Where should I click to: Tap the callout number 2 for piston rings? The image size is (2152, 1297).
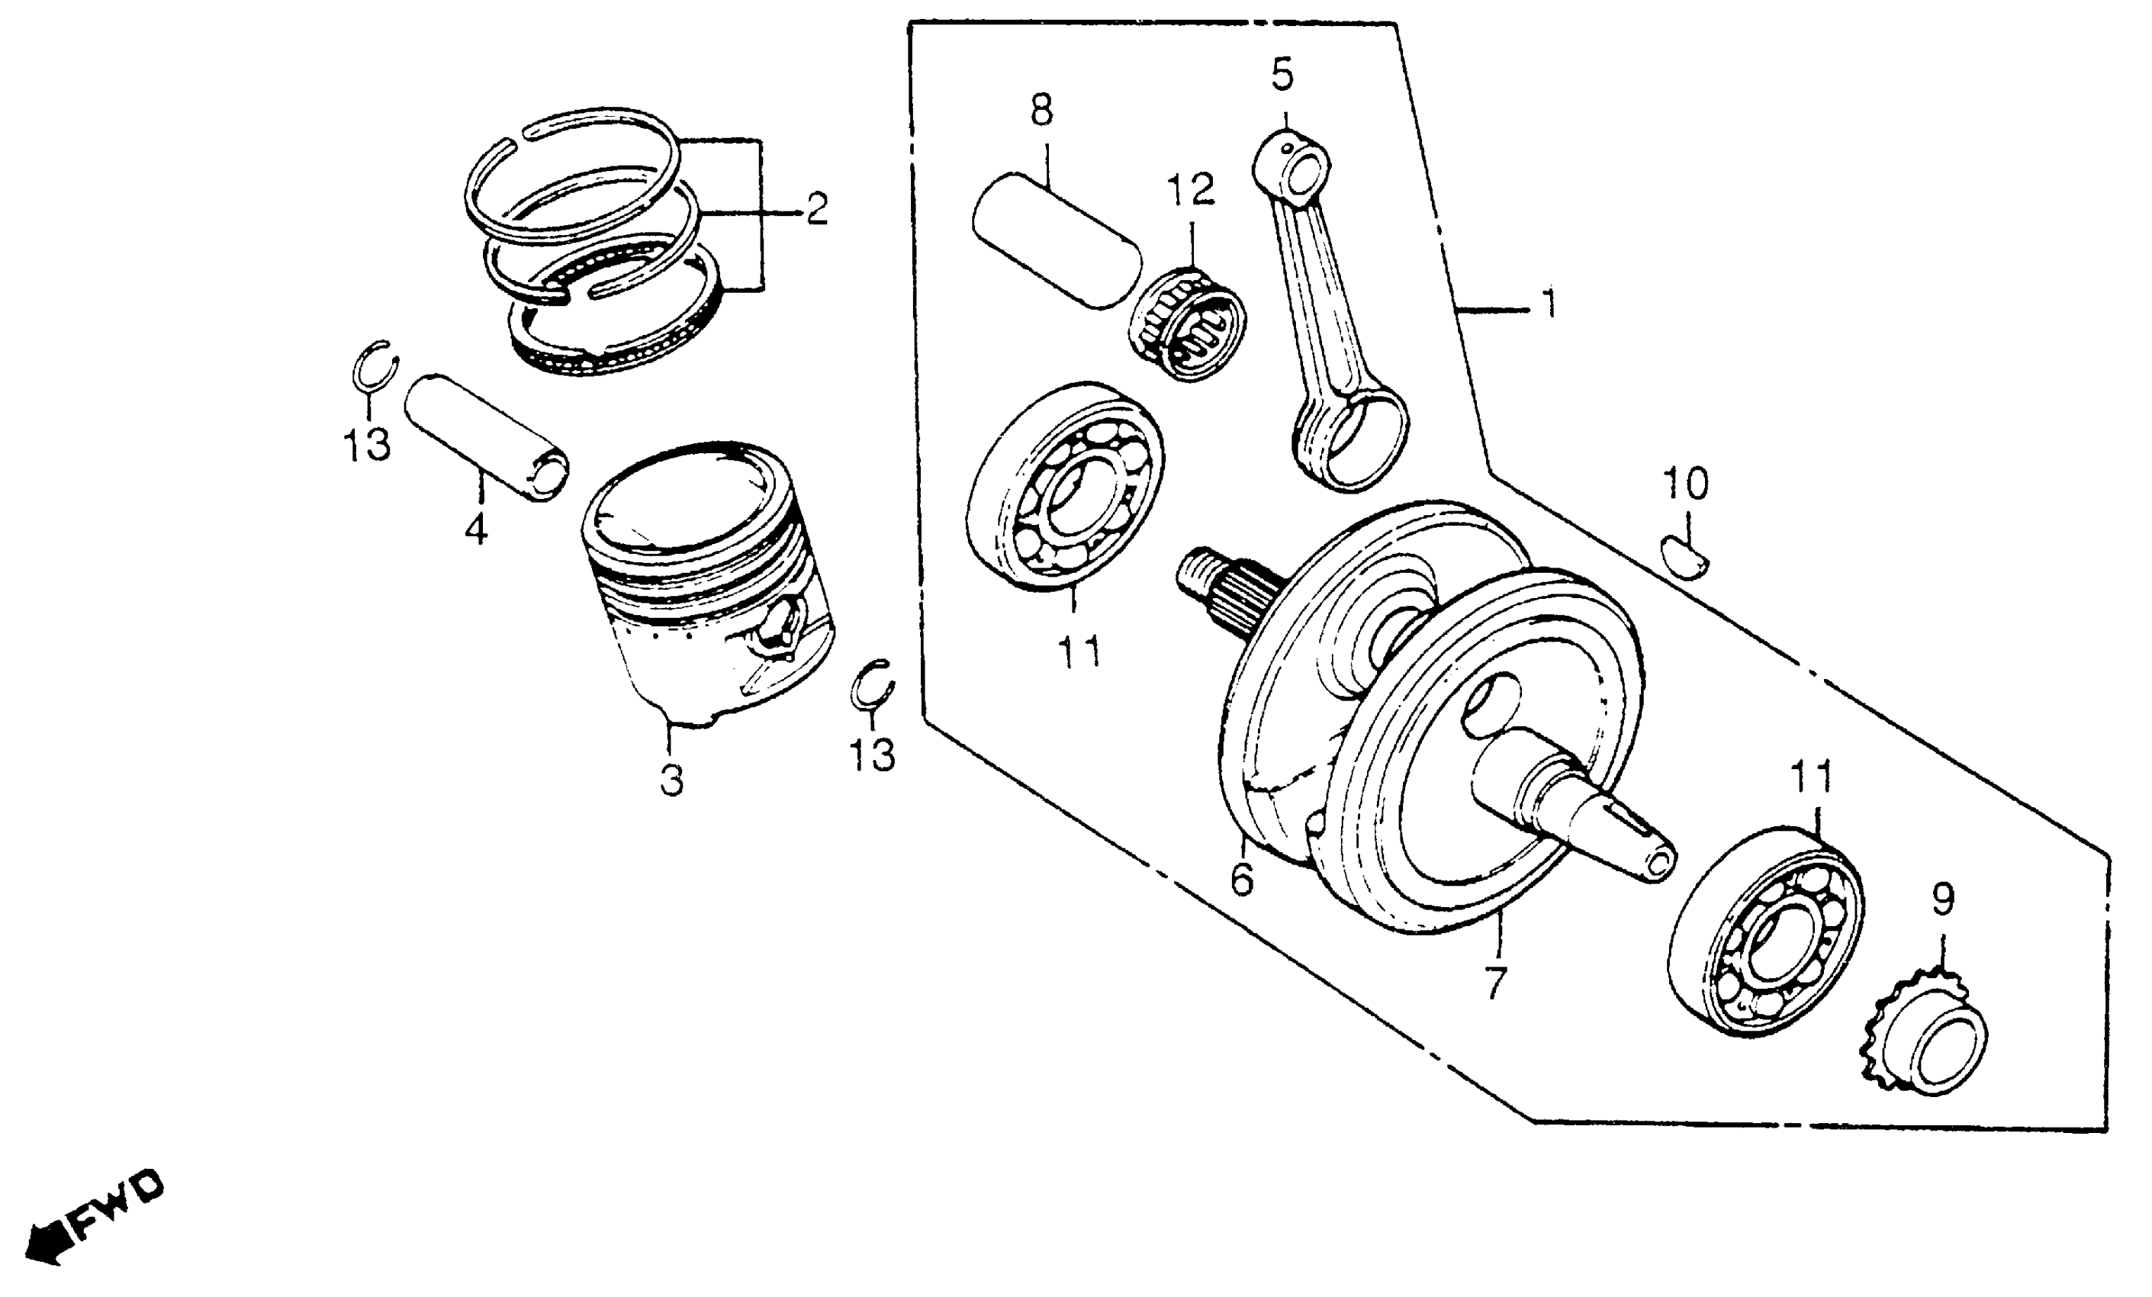click(x=815, y=210)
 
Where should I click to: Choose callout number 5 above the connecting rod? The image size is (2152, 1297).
click(x=1282, y=75)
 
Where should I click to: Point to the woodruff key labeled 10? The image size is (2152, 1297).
click(x=1684, y=560)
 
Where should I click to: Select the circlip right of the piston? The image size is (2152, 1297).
click(x=872, y=687)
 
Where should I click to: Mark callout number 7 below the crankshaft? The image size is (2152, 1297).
click(x=1496, y=983)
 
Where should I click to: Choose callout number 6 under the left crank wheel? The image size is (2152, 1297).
click(x=1241, y=880)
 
